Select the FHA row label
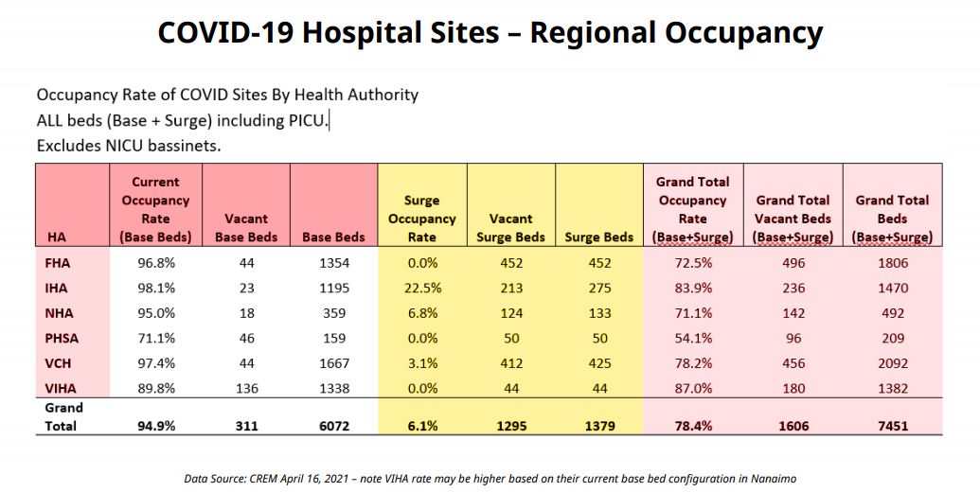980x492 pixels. click(x=57, y=263)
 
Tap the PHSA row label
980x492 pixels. click(x=61, y=338)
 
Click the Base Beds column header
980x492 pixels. click(x=334, y=237)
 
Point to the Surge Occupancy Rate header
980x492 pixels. click(x=421, y=219)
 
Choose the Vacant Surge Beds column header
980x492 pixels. click(x=510, y=228)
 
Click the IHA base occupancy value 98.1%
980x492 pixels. click(x=155, y=288)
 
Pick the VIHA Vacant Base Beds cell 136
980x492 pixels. click(x=246, y=388)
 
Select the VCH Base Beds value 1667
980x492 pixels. click(x=334, y=363)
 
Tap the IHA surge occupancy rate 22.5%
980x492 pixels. click(x=421, y=288)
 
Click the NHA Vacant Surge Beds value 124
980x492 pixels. click(x=510, y=313)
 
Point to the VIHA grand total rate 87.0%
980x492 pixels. click(x=693, y=388)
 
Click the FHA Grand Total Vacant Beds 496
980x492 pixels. click(x=793, y=263)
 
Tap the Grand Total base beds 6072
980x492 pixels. click(x=334, y=426)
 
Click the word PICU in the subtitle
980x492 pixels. click(x=309, y=120)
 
